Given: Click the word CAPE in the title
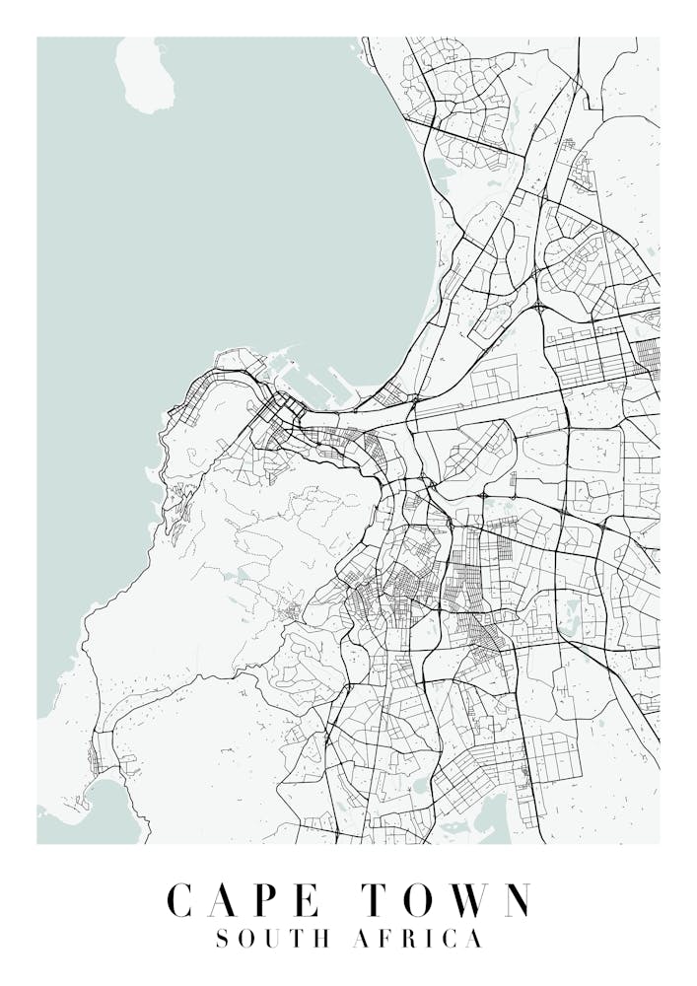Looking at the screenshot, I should [242, 900].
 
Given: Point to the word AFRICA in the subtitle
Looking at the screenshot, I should [419, 939].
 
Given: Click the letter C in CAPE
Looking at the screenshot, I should [179, 900].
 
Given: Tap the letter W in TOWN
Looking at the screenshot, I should [464, 900].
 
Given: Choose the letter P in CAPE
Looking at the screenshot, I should [262, 900].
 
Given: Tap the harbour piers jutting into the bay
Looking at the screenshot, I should [315, 380].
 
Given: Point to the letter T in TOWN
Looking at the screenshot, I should [376, 900].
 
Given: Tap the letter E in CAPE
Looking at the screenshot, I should [305, 900].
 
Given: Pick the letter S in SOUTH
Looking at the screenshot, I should [222, 939].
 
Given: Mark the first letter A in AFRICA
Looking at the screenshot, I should [362, 939].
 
